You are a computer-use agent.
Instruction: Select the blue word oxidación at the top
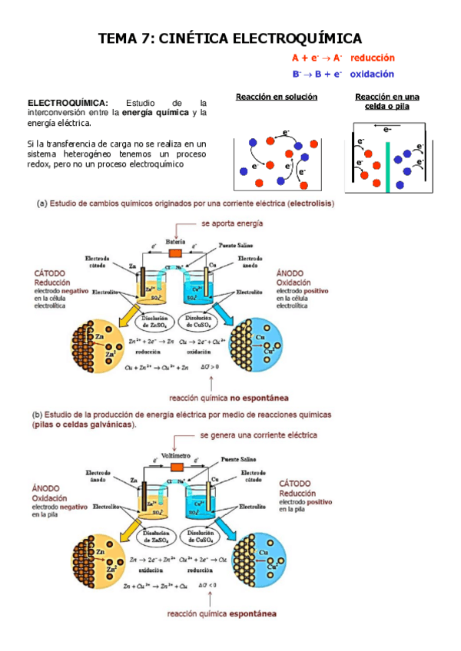[x=372, y=74]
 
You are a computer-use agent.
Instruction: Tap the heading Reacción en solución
[x=277, y=97]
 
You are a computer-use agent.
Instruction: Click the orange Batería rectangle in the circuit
[x=176, y=252]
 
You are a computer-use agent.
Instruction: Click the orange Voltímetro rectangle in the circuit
[x=176, y=465]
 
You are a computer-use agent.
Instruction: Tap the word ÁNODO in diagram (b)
[x=48, y=487]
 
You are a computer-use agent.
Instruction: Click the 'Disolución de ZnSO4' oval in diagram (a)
[x=154, y=321]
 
